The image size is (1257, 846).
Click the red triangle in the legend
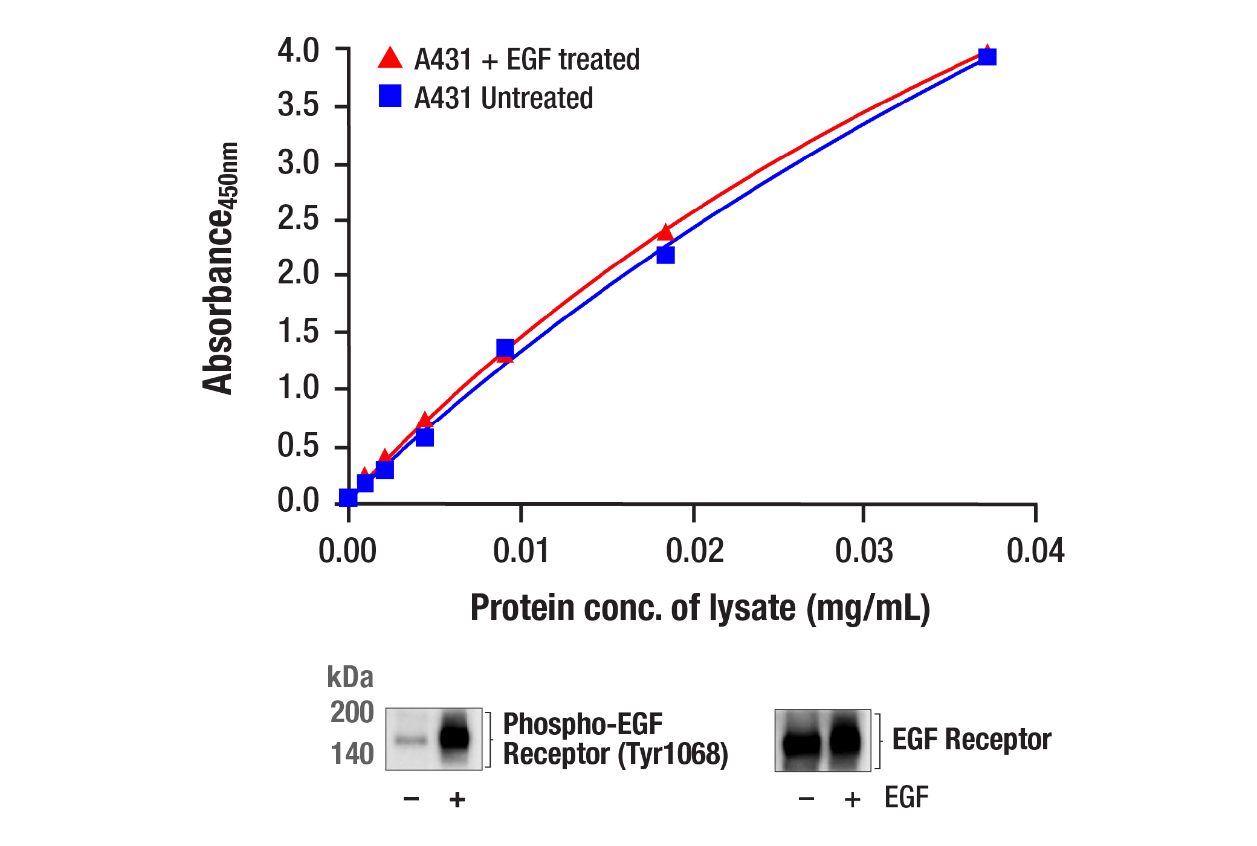[390, 59]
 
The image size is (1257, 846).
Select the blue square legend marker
[390, 95]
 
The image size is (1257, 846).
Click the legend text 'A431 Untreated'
[503, 98]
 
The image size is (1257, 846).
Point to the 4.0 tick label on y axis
[298, 51]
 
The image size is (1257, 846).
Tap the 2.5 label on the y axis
[298, 219]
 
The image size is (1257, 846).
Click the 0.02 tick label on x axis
[694, 551]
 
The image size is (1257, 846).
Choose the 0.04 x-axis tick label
[1035, 551]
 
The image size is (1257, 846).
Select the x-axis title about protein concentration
[700, 608]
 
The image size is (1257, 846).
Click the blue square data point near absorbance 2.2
[665, 255]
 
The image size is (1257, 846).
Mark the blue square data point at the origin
[348, 498]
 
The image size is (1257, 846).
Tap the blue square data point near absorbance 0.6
[425, 437]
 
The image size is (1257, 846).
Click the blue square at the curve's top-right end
[987, 57]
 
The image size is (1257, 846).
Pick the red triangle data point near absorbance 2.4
[665, 233]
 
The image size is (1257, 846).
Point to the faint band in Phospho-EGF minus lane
[411, 739]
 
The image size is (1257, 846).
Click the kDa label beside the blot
[350, 677]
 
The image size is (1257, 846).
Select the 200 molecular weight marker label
[352, 712]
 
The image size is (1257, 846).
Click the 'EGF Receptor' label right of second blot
[971, 739]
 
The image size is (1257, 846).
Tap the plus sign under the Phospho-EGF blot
[457, 799]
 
